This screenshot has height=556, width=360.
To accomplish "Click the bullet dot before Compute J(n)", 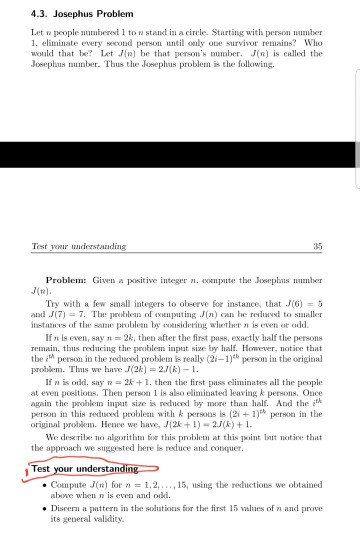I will [52, 485].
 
